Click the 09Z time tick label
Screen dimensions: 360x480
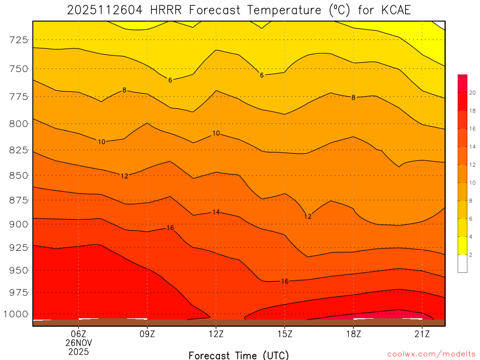[147, 334]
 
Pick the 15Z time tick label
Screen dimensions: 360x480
[285, 334]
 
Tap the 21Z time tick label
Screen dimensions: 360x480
[422, 334]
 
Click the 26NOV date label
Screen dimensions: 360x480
[78, 343]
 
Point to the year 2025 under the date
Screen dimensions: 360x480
[78, 352]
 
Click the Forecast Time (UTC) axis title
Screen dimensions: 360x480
[239, 355]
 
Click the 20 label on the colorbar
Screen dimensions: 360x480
[472, 93]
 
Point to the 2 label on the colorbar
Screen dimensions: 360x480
[471, 255]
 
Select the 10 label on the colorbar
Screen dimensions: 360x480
[472, 182]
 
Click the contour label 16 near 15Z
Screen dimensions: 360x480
[285, 281]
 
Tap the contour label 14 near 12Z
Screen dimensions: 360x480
[216, 212]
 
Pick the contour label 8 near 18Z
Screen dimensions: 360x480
[353, 97]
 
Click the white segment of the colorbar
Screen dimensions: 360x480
[462, 263]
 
